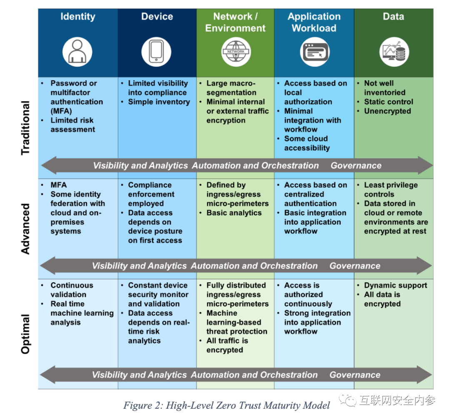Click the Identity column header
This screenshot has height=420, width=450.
pos(78,17)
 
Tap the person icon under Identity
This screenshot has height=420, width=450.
pos(77,52)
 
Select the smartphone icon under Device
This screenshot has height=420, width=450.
pos(156,52)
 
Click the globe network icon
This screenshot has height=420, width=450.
pos(236,52)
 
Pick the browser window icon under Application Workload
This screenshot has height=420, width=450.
pos(315,52)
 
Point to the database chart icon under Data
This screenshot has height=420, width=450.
pos(394,52)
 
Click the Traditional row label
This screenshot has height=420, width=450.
pos(25,128)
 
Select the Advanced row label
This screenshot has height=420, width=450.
pos(25,229)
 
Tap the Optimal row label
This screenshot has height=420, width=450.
pos(25,334)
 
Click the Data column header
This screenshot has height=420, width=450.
pos(393,17)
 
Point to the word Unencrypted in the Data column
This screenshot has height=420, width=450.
pos(387,111)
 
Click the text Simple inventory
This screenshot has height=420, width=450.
pos(159,102)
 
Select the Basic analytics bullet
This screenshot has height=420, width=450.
pos(234,213)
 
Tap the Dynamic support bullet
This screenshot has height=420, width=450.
pos(395,285)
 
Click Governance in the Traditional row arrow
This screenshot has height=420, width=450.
pos(356,165)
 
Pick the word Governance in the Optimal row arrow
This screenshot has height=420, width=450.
pos(355,375)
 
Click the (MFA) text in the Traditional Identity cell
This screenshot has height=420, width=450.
pos(61,111)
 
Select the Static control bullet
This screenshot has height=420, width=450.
pos(389,102)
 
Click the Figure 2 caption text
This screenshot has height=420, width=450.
pos(227,405)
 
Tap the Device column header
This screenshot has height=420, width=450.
pos(157,17)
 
